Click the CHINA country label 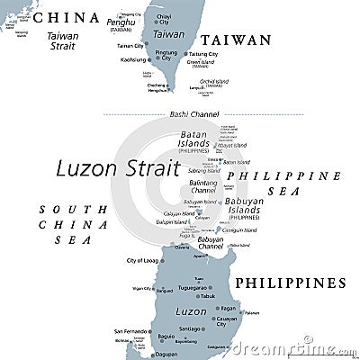[x=67, y=17]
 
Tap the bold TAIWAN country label [x=235, y=40]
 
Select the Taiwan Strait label [x=63, y=40]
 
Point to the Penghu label [x=121, y=21]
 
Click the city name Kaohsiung [x=133, y=59]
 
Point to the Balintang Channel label [x=203, y=186]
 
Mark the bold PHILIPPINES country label [x=291, y=283]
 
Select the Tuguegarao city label [x=199, y=288]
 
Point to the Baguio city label [x=166, y=337]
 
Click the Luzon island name [x=191, y=310]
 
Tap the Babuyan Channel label [x=211, y=243]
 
